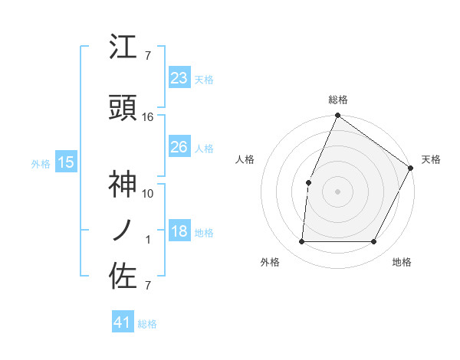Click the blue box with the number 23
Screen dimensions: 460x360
click(179, 78)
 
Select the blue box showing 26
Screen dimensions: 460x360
click(179, 147)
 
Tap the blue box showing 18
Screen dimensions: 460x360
click(179, 232)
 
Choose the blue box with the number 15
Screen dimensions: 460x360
click(66, 162)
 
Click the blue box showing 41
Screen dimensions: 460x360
click(123, 323)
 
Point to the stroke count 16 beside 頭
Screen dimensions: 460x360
click(148, 117)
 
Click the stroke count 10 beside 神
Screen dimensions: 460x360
click(148, 193)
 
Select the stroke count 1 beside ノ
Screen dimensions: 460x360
click(148, 240)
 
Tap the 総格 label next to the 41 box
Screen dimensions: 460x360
click(147, 324)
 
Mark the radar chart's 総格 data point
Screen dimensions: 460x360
click(337, 116)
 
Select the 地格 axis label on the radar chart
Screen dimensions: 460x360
click(402, 262)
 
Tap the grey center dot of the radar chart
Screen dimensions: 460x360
click(337, 191)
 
